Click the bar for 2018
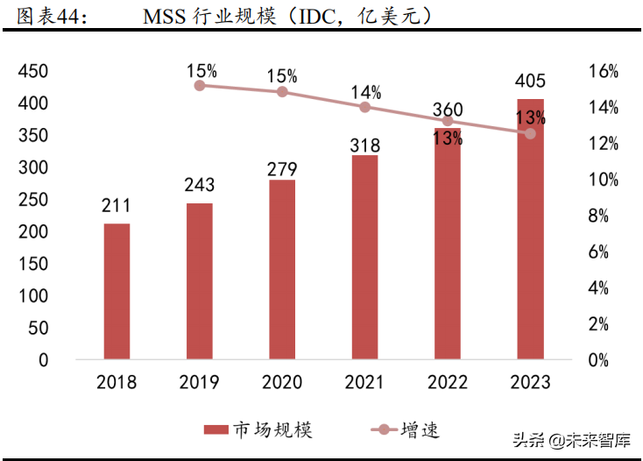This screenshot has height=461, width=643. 117,291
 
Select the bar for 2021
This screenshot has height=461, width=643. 364,257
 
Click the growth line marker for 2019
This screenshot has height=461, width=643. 200,85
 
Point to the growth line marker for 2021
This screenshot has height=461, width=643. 364,107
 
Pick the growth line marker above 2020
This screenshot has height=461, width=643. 282,91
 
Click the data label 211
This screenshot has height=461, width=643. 117,206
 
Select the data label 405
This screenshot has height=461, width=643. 530,82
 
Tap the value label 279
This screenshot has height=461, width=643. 282,168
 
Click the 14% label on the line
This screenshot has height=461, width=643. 365,91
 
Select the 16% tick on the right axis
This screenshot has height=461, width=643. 603,72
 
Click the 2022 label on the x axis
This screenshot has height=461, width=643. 447,382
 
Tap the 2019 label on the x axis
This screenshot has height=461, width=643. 199,382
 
